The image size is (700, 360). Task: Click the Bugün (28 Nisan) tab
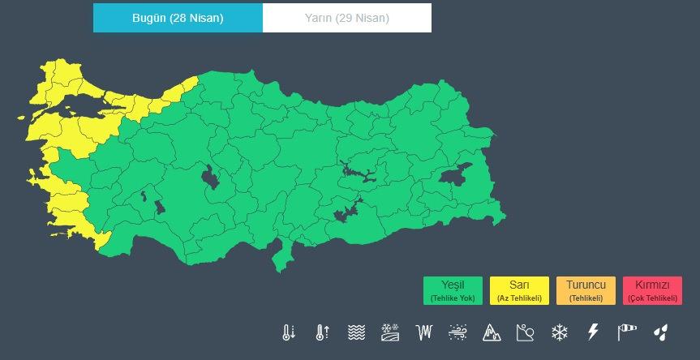pyautogui.click(x=178, y=19)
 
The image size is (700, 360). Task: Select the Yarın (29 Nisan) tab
pyautogui.click(x=347, y=19)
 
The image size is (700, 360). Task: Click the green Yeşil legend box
pyautogui.click(x=453, y=290)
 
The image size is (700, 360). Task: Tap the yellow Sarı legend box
pyautogui.click(x=519, y=290)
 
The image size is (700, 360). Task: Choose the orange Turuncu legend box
pyautogui.click(x=586, y=290)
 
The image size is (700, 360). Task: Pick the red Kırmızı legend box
pyautogui.click(x=652, y=290)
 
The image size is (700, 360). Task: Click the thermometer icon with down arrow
pyautogui.click(x=288, y=332)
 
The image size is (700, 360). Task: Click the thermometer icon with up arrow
pyautogui.click(x=322, y=332)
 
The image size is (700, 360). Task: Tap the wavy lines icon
pyautogui.click(x=356, y=332)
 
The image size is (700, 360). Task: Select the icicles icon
pyautogui.click(x=423, y=332)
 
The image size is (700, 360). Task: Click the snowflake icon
pyautogui.click(x=559, y=332)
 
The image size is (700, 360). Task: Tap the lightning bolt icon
pyautogui.click(x=593, y=332)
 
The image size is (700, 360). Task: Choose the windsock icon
pyautogui.click(x=627, y=332)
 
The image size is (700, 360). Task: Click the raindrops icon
pyautogui.click(x=661, y=332)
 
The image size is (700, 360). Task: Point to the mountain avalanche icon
pyautogui.click(x=492, y=332)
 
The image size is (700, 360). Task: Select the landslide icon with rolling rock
pyautogui.click(x=526, y=332)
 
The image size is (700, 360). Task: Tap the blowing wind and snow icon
pyautogui.click(x=457, y=332)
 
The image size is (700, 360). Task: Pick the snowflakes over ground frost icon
pyautogui.click(x=390, y=332)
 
